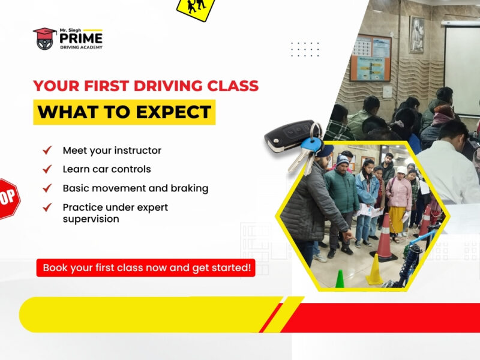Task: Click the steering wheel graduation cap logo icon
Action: (44, 38)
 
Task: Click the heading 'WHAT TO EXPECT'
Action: (124, 112)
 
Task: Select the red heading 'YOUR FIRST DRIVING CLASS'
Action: (146, 86)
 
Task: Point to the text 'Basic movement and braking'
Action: (136, 188)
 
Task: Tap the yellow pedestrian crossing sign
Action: (196, 7)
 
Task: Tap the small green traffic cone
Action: (340, 278)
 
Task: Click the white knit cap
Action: (401, 170)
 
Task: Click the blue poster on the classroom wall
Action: (371, 58)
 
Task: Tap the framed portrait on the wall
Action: (416, 33)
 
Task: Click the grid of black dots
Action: (305, 49)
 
